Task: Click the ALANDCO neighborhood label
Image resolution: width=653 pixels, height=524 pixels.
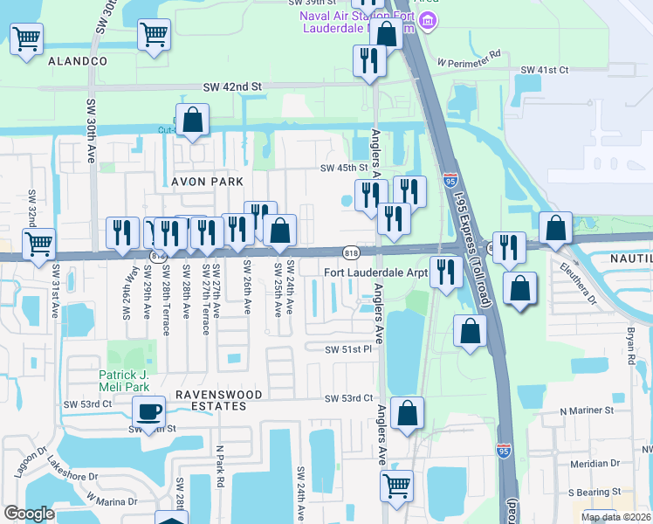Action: coord(78,61)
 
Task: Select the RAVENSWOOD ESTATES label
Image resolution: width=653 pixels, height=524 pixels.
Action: coord(219,395)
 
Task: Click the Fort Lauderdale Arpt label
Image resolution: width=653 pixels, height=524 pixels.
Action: coord(375,272)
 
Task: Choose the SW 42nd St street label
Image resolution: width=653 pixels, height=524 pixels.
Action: coord(232,87)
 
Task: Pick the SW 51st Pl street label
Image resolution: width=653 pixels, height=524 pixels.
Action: coord(348,349)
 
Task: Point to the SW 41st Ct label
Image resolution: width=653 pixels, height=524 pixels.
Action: coord(545,70)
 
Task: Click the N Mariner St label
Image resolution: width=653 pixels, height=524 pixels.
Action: coord(587,410)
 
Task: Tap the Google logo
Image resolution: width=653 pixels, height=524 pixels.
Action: coord(29,514)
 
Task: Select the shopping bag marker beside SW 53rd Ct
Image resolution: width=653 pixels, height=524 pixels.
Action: coord(408,414)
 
